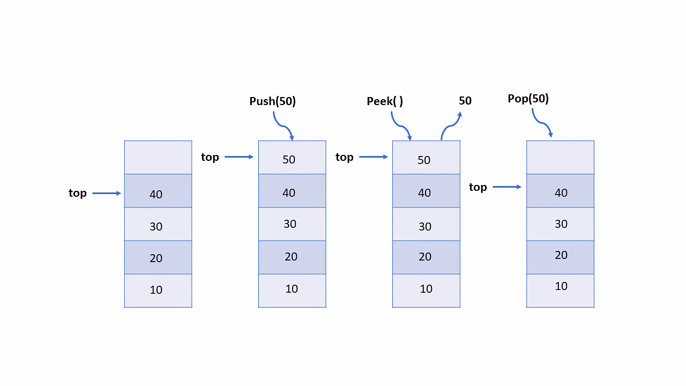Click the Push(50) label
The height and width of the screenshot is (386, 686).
tap(272, 101)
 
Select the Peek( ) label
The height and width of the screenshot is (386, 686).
tap(385, 101)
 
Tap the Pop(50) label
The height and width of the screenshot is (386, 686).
tap(528, 99)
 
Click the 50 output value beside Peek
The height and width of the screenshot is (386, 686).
tap(465, 100)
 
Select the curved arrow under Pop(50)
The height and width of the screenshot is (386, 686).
tap(542, 123)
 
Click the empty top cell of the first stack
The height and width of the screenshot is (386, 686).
tap(158, 158)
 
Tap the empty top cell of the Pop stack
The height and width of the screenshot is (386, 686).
tap(560, 158)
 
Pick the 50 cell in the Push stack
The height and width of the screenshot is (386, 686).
tap(292, 158)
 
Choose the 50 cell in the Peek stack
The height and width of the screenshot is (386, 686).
tap(426, 158)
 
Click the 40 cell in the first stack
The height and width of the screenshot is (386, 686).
tap(158, 191)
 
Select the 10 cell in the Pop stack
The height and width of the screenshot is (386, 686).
tap(560, 291)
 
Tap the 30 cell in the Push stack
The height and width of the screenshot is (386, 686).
tap(292, 224)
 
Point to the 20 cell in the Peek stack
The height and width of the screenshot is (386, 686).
tap(426, 257)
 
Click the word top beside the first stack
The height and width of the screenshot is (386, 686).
tap(78, 194)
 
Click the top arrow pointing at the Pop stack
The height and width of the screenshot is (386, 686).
tap(507, 187)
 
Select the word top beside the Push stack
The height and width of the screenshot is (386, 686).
tap(210, 158)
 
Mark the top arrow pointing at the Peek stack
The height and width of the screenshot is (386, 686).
tap(374, 157)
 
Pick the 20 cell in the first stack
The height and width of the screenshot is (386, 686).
tap(158, 257)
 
